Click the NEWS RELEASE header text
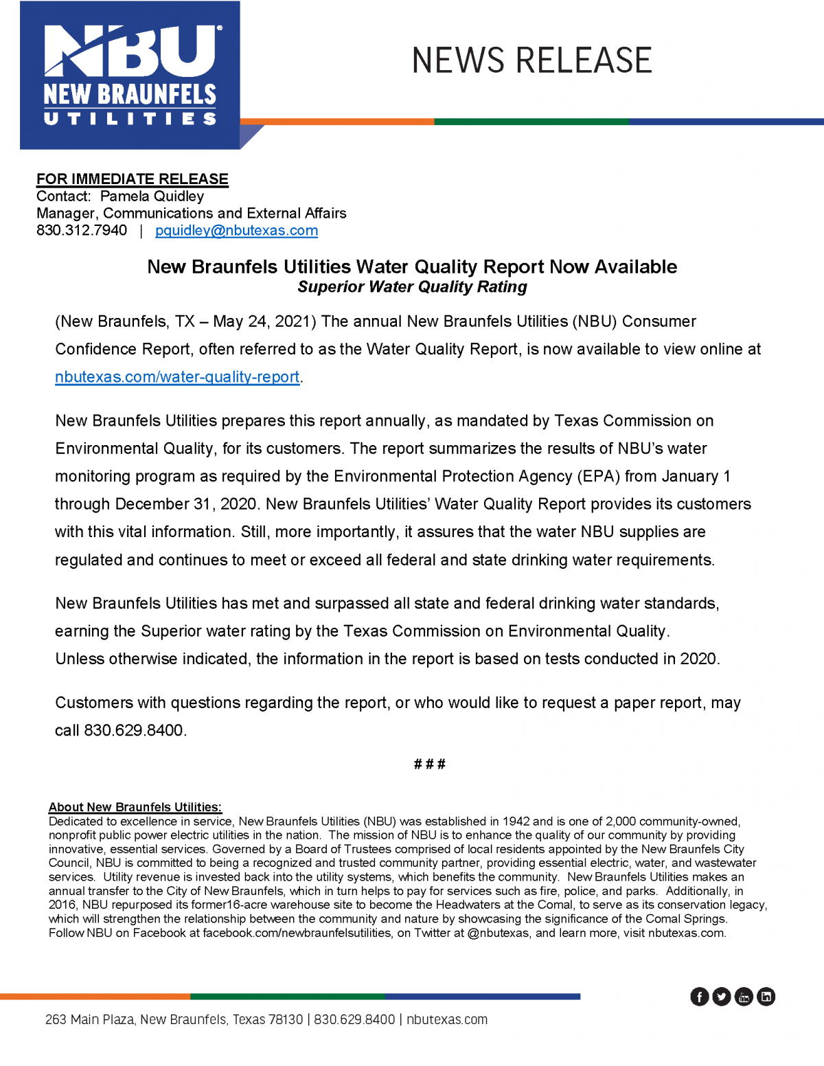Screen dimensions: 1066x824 tap(531, 60)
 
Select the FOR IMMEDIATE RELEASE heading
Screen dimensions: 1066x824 tap(133, 179)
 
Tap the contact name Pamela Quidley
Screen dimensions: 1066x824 tap(152, 196)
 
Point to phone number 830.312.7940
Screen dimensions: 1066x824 tap(82, 231)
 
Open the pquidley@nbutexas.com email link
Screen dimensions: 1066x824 tap(236, 231)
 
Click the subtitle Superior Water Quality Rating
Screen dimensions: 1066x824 tap(412, 287)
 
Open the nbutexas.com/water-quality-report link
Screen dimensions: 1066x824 tap(177, 377)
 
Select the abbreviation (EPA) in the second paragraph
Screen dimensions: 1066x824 tap(599, 477)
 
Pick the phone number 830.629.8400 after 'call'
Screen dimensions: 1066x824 tap(133, 731)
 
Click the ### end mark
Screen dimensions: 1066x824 tap(430, 764)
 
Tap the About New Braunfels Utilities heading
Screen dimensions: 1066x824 tap(135, 807)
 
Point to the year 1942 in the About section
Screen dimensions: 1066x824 tap(516, 821)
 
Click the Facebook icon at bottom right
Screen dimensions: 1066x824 tap(699, 997)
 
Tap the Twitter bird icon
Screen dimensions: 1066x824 tap(721, 997)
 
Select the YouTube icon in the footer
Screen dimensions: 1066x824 tap(744, 997)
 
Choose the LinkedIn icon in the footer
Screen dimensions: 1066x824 tap(766, 997)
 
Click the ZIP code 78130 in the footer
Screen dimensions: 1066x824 tap(285, 1020)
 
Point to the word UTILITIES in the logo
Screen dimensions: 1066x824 tap(130, 119)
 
